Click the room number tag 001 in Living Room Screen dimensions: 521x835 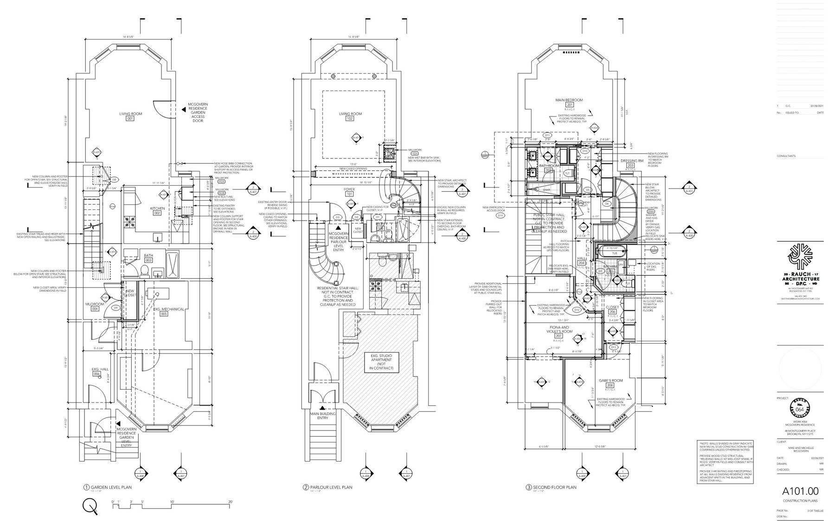130,119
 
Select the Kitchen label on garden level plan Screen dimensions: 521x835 157,208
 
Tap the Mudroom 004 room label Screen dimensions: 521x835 95,304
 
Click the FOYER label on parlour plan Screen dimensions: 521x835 349,189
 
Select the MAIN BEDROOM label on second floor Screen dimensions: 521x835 569,100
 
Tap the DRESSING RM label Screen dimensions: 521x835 630,161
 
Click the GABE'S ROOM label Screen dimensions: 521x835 610,380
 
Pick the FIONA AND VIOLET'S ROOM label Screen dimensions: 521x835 559,329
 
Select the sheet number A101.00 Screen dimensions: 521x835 800,491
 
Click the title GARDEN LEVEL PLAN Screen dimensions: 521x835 111,487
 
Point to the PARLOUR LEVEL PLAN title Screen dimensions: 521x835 331,487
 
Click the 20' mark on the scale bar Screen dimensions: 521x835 230,502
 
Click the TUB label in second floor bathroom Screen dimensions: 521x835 615,254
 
